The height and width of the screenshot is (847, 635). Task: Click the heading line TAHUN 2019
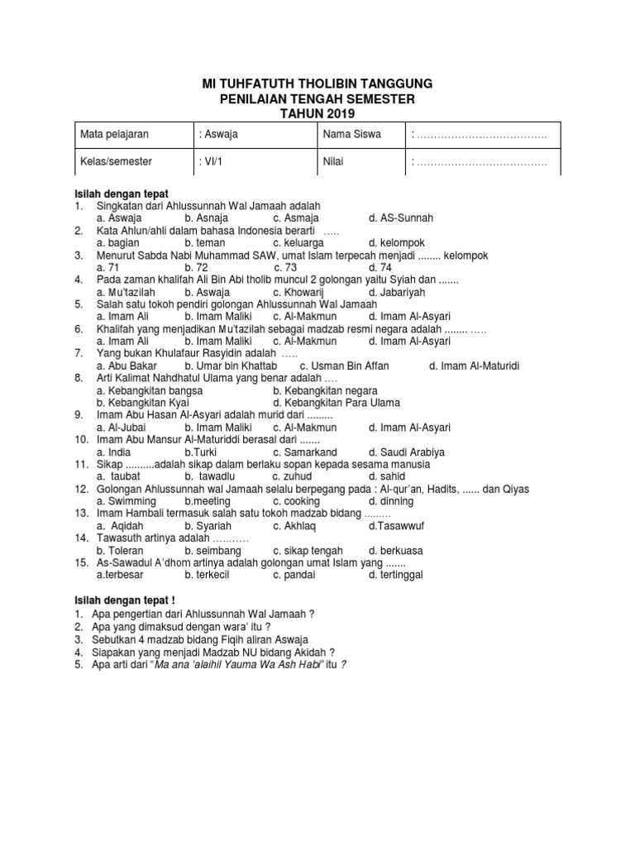coord(317,112)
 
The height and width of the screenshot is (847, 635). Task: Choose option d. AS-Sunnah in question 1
coord(401,218)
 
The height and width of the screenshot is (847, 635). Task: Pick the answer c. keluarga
coord(302,242)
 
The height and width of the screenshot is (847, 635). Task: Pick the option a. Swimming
coord(126,501)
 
